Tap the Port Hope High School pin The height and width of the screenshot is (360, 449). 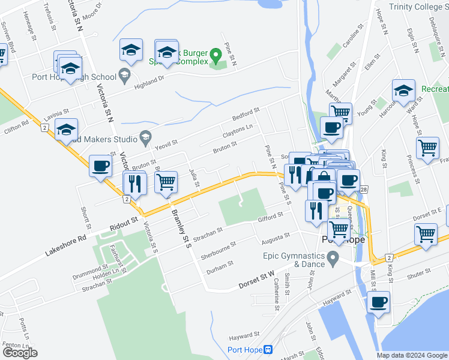(125, 75)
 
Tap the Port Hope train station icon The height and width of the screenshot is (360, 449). (268, 350)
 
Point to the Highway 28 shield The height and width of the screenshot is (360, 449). (363, 190)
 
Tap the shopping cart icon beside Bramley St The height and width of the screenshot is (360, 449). (166, 181)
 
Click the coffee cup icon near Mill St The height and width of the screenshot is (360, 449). (378, 302)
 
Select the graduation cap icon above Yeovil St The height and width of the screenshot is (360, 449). (67, 128)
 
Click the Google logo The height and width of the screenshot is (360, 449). (20, 353)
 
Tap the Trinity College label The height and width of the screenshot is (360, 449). (418, 7)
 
